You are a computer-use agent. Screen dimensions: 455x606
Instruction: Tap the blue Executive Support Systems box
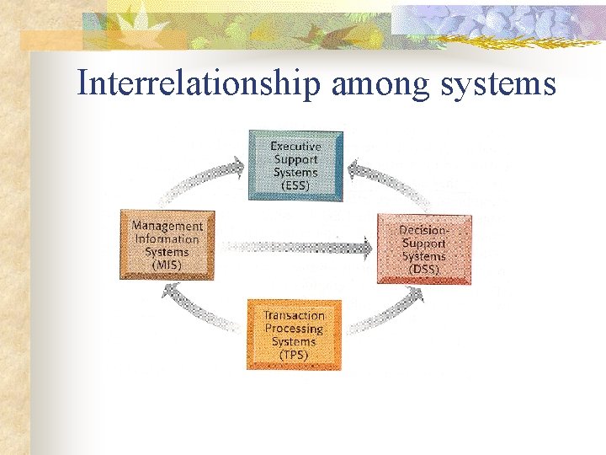tap(295, 165)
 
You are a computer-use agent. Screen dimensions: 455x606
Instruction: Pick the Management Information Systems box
tap(167, 244)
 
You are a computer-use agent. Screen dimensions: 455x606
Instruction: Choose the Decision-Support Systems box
tap(423, 249)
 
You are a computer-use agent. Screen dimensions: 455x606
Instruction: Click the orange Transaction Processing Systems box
tap(294, 335)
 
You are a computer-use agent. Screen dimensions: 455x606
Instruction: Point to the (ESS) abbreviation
tap(295, 185)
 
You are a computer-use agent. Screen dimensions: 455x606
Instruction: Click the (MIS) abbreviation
tap(167, 265)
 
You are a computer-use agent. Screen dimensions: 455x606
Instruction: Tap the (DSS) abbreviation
tap(423, 269)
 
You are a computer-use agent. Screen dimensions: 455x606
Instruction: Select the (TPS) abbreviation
tap(294, 355)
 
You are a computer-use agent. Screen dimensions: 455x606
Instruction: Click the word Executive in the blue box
tap(295, 146)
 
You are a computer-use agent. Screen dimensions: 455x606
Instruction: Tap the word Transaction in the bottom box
tap(294, 315)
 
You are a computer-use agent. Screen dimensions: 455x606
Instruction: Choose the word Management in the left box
tap(167, 226)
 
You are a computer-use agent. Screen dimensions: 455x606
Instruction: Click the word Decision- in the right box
tap(423, 230)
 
